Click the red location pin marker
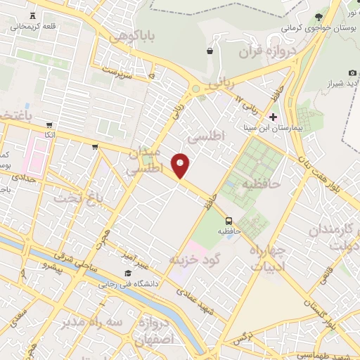(x=181, y=165)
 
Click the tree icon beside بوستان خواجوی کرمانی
(x=319, y=17)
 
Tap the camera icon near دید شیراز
(x=352, y=73)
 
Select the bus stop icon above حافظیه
(x=229, y=219)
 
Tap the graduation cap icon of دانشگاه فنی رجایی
(x=128, y=274)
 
